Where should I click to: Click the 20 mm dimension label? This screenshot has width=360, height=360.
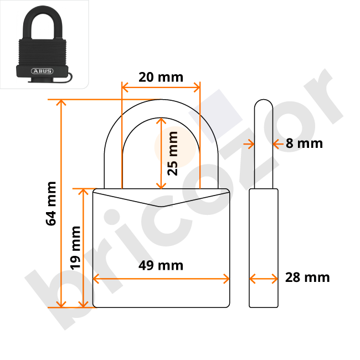[x=161, y=76]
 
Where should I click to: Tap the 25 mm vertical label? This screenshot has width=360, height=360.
[x=173, y=153]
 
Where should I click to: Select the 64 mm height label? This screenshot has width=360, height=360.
[x=52, y=203]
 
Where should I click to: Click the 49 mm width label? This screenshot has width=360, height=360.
[x=161, y=265]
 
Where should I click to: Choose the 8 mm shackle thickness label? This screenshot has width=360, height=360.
[x=304, y=143]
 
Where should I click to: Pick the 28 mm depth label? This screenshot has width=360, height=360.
[x=307, y=277]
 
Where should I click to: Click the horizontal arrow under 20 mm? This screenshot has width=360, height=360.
[x=161, y=87]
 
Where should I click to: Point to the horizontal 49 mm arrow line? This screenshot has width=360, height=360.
[x=161, y=278]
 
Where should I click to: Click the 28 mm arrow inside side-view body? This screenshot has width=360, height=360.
[x=264, y=278]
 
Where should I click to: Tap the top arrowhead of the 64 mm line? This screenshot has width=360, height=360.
[x=61, y=102]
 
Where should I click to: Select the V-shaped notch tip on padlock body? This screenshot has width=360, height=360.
[x=161, y=207]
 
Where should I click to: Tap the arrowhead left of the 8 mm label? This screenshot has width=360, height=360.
[x=250, y=143]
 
